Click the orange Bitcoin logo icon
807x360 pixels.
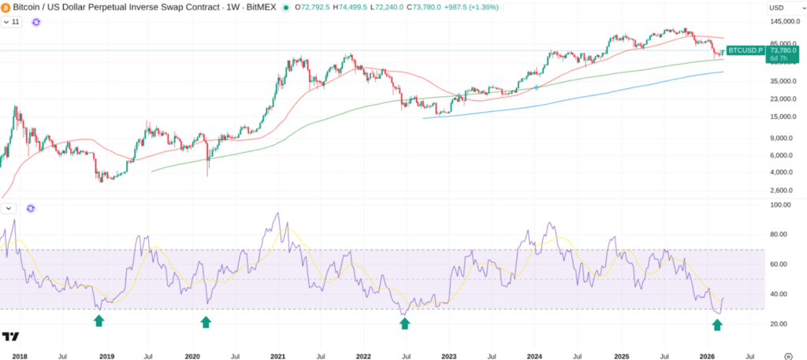[x=6, y=8]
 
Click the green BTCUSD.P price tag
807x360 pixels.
[x=744, y=50]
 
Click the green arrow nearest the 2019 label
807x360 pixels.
[x=99, y=321]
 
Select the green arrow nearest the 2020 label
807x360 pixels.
[x=206, y=321]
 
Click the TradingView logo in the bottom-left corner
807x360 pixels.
[x=10, y=336]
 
